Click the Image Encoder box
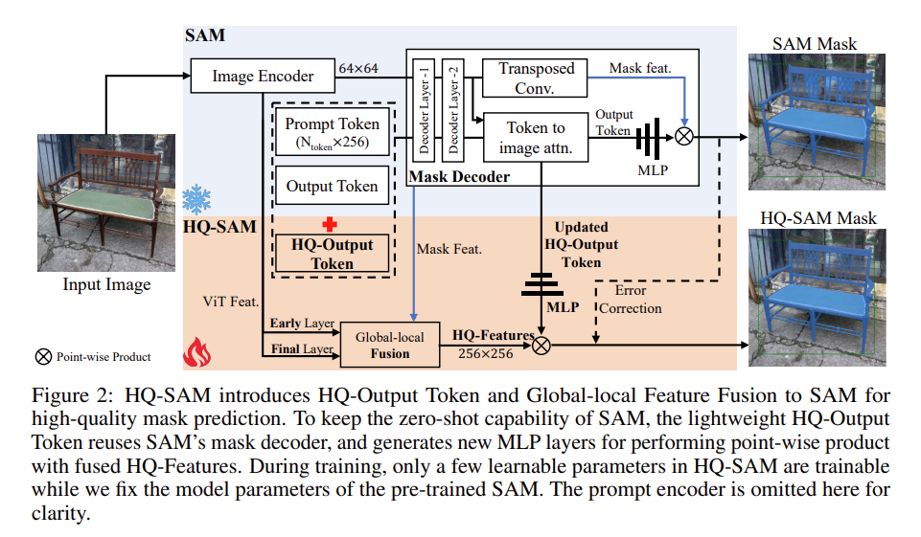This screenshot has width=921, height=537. [263, 76]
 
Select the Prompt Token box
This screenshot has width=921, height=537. [332, 132]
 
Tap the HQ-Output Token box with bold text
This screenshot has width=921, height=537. [332, 254]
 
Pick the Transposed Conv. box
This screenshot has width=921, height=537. [535, 78]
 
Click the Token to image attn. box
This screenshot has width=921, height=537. [535, 137]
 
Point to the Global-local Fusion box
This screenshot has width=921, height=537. [390, 346]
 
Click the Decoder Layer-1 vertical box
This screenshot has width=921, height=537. [424, 110]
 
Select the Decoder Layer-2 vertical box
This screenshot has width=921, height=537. [453, 110]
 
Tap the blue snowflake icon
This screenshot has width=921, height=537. [196, 199]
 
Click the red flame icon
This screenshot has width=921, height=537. [197, 352]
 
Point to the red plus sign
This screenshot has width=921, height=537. [330, 224]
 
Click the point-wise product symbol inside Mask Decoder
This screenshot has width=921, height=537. [683, 137]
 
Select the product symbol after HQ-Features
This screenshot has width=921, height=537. [541, 346]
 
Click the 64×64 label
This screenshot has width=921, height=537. [358, 68]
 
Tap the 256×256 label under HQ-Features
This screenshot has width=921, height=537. [486, 353]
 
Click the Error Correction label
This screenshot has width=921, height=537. [631, 300]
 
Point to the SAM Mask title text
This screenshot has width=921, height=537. [814, 44]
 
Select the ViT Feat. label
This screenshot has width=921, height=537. [231, 302]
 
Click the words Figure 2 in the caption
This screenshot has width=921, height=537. [72, 395]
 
